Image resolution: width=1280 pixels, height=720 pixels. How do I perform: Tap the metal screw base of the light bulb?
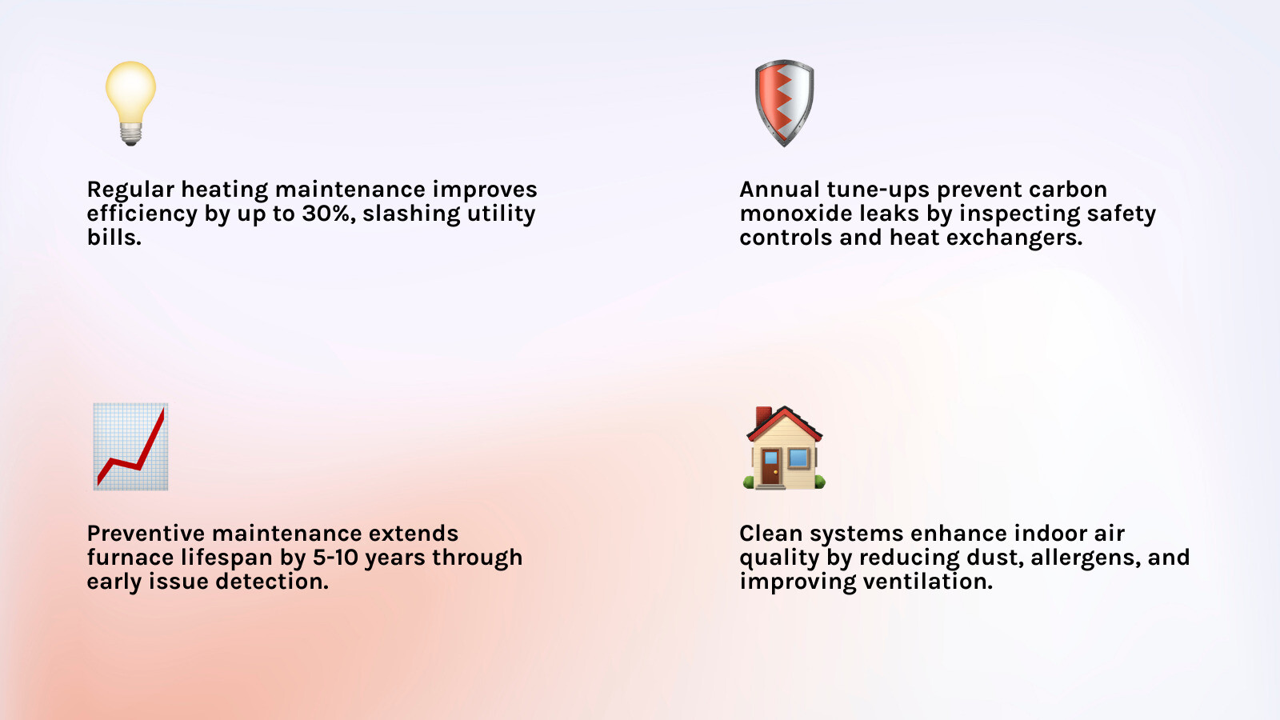coord(131,134)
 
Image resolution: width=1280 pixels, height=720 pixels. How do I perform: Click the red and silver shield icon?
coord(784,102)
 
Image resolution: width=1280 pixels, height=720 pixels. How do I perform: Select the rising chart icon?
coord(130,446)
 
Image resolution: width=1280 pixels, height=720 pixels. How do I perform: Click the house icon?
coord(784,448)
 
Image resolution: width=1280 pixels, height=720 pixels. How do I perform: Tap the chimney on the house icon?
coord(764,417)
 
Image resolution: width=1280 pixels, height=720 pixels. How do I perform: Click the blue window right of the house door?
coord(798,458)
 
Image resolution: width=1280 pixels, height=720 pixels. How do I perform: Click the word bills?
coord(114,238)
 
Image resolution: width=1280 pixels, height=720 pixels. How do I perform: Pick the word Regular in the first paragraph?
coord(130,190)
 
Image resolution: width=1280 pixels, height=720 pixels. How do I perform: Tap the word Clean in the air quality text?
coord(770,534)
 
